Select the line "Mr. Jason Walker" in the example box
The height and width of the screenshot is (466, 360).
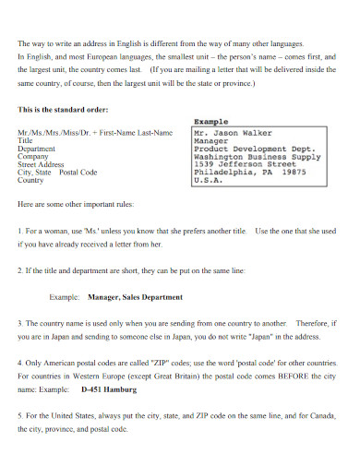point(232,133)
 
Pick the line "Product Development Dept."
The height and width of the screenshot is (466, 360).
point(255,143)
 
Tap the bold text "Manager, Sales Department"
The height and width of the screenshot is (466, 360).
point(134,297)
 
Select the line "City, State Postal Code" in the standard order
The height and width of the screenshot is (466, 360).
point(57,172)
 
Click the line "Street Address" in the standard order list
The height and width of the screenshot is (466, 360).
point(42,164)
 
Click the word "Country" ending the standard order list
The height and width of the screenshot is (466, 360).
point(31,180)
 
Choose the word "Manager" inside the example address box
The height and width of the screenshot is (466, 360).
point(211,143)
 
